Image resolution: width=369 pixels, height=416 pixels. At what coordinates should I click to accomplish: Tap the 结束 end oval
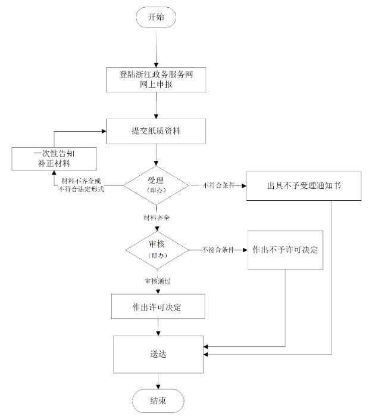(x=158, y=400)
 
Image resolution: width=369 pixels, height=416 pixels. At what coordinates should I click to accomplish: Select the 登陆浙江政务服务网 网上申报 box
(x=157, y=80)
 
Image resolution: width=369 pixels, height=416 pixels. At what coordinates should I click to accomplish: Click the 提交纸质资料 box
(x=157, y=131)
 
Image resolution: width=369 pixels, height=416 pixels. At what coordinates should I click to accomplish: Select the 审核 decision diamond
(x=156, y=249)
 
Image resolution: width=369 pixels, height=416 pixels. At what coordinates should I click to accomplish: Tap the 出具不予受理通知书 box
(x=305, y=185)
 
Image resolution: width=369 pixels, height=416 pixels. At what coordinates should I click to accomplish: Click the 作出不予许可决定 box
(x=285, y=249)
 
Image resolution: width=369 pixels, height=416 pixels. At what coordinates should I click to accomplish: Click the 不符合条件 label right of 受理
(x=217, y=185)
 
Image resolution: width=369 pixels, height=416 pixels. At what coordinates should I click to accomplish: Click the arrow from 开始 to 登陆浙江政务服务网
(x=157, y=48)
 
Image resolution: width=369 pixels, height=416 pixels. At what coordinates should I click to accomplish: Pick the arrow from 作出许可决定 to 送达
(x=158, y=328)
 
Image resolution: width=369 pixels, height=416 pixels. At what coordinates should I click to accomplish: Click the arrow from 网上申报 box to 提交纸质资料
(x=157, y=105)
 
